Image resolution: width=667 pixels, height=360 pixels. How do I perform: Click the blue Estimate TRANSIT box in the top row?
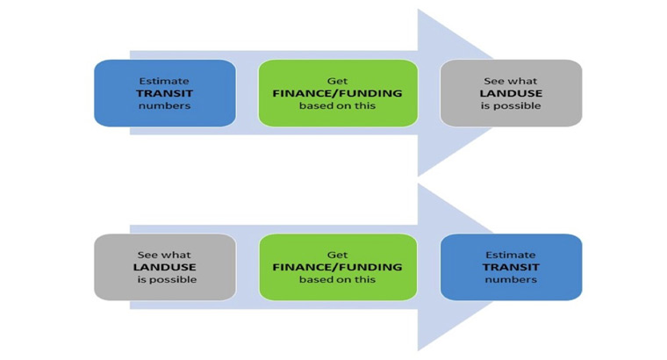coord(164,93)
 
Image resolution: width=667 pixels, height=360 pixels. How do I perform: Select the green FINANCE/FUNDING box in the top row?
coord(337,93)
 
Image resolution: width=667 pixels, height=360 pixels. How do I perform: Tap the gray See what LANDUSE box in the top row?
coord(511,93)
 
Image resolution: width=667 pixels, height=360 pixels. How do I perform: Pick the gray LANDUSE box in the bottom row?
coord(164,267)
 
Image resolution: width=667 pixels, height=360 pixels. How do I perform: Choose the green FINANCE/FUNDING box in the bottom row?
coord(337,267)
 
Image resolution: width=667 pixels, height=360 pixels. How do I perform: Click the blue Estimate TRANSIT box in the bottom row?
coord(511,267)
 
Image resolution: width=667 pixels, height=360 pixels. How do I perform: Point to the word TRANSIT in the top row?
coord(164,93)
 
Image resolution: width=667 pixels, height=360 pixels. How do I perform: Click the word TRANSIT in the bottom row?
coord(511,267)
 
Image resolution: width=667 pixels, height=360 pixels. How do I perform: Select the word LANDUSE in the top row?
coord(511,93)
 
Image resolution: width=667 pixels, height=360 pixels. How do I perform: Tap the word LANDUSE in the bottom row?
coord(164,267)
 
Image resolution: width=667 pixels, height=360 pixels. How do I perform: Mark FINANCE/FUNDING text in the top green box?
coord(337,93)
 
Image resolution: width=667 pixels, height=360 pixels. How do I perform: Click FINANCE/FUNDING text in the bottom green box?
coord(337,267)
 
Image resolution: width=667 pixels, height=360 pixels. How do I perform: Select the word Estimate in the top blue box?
coord(164,81)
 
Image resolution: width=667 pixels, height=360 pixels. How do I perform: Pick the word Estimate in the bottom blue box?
coord(511,255)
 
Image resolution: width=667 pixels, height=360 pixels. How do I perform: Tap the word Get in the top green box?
coord(337,81)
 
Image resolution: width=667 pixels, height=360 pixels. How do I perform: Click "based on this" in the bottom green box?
coord(337,279)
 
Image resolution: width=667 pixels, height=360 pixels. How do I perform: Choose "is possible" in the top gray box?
coord(511,105)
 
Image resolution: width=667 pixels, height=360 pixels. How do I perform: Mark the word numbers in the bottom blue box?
coord(511,279)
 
